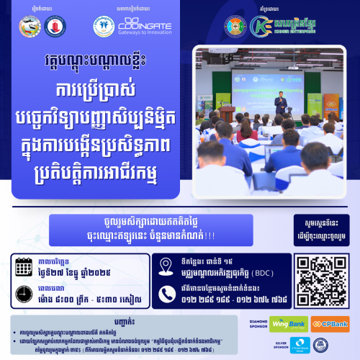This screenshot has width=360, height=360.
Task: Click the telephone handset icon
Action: point(167,292)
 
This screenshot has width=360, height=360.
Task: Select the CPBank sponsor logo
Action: point(331,324)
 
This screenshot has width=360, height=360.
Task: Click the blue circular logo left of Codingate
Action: point(106,27)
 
